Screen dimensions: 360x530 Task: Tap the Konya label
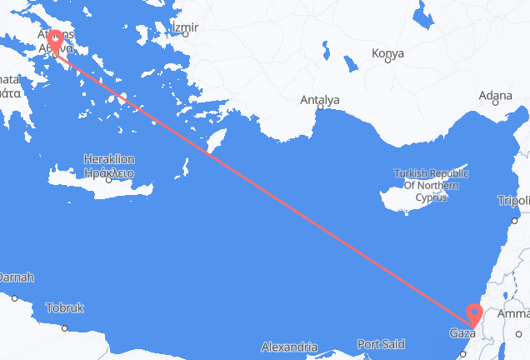tap(387, 53)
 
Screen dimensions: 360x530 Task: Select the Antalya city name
tap(320, 100)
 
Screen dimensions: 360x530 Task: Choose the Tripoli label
tap(513, 201)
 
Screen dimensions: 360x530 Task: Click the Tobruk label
tap(64, 307)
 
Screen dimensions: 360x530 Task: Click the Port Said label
tap(381, 342)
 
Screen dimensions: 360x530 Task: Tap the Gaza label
tap(460, 334)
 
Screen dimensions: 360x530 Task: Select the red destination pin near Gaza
tap(474, 313)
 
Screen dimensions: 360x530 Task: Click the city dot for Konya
tap(387, 62)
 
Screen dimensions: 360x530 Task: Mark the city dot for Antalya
tap(320, 108)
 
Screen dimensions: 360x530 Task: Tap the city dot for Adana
tap(492, 104)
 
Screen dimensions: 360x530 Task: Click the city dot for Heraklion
tap(108, 178)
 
